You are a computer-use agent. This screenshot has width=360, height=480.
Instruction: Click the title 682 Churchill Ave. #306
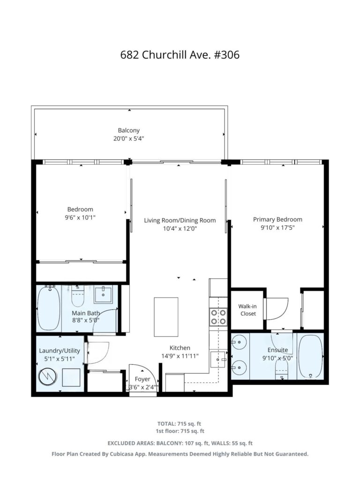coord(180,55)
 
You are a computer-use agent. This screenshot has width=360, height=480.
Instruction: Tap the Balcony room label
coord(128,130)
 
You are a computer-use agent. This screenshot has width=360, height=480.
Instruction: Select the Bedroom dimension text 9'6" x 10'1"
coord(80,217)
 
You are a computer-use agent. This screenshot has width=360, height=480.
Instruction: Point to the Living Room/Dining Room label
coord(180,220)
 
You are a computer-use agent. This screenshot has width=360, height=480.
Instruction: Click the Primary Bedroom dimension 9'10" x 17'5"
coord(277,228)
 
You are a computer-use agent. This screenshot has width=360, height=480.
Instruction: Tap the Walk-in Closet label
coord(247,310)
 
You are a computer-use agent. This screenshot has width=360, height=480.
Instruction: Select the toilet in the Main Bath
coord(78,296)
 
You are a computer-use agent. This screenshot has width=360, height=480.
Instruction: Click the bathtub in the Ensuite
coord(310,356)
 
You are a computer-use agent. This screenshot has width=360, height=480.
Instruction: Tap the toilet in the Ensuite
coord(282,369)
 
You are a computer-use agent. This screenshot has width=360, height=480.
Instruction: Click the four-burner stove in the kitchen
coord(218,317)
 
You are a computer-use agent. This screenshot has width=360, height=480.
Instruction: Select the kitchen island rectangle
coord(166,317)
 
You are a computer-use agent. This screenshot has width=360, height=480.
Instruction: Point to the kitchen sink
coord(218,360)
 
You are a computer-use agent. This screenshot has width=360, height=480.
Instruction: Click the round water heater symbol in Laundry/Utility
coord(48,376)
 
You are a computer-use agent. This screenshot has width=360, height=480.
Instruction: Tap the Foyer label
coord(142,379)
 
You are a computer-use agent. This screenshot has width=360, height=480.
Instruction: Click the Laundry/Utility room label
coord(60,351)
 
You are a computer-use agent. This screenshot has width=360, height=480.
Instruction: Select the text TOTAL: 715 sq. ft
coord(179,424)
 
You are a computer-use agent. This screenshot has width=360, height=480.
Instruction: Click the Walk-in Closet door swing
coord(277,309)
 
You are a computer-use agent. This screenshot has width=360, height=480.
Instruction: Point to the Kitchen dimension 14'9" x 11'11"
coord(180,356)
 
